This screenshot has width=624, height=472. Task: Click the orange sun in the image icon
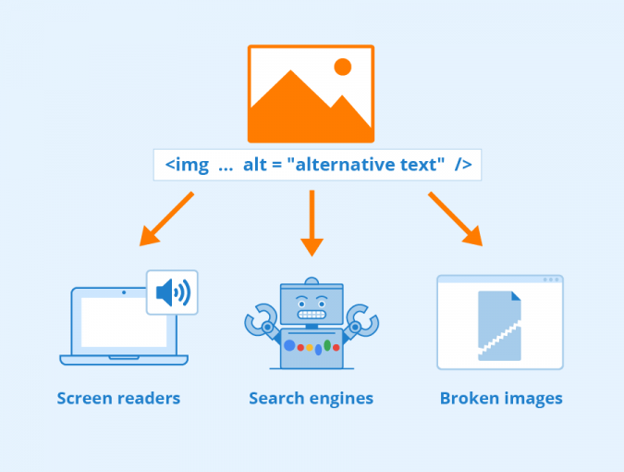(342, 67)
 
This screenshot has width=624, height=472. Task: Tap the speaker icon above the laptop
(173, 292)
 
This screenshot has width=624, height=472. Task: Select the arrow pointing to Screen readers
(166, 218)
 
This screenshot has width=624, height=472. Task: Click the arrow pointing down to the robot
(312, 223)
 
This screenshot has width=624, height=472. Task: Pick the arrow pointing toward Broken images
(455, 219)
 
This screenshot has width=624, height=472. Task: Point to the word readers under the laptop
(149, 398)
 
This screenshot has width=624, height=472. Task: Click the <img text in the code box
(187, 165)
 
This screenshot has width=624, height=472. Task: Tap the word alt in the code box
(255, 164)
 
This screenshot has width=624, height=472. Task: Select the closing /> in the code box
(463, 165)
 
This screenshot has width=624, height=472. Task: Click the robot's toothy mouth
(312, 315)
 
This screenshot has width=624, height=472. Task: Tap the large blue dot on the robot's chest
(289, 345)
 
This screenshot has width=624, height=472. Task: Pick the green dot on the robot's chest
(327, 345)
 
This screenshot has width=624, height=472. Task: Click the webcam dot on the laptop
(124, 292)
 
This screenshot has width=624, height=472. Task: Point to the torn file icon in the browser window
(499, 326)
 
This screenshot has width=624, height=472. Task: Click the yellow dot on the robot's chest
(309, 348)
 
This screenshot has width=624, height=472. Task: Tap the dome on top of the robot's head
(312, 280)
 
